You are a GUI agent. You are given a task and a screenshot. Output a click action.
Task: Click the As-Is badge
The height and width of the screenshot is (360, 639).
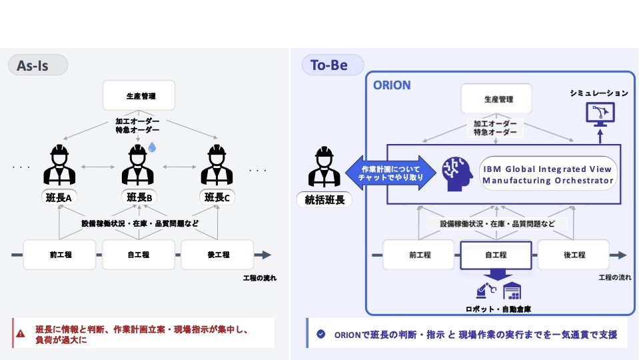37,65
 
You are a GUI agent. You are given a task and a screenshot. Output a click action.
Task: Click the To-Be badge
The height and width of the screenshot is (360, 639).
332,65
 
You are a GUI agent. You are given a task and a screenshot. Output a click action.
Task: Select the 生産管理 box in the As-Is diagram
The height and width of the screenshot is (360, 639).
139,95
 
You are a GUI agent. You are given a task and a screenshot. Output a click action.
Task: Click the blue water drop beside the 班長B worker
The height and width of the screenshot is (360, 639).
152,146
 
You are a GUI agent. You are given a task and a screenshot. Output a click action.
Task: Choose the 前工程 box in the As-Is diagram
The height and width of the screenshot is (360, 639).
60,255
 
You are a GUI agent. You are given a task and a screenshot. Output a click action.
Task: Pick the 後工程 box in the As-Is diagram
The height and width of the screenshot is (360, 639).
217,255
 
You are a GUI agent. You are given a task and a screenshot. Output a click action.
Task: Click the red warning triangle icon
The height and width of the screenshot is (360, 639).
21,333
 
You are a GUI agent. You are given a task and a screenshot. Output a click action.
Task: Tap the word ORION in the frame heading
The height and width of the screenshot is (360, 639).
392,85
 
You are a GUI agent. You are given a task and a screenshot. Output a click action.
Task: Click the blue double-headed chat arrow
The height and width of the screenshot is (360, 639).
390,173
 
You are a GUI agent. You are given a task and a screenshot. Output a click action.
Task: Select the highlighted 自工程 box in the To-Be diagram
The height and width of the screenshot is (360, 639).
496,255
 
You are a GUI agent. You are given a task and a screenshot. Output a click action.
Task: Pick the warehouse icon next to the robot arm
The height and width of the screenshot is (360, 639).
512,291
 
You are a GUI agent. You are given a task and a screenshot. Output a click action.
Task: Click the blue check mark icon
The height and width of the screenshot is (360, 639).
320,334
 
